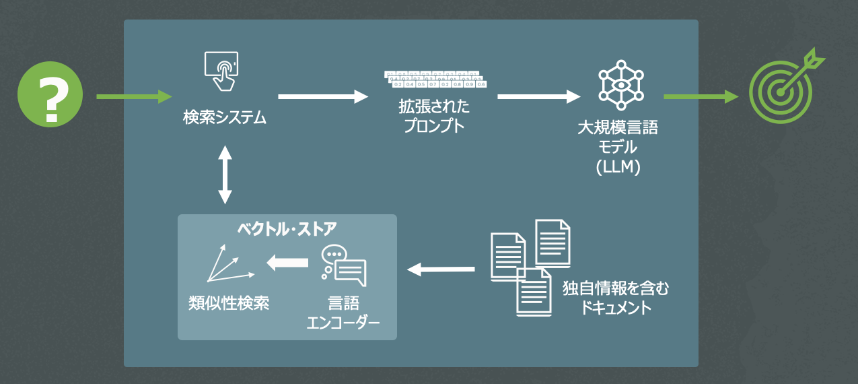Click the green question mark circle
(x=50, y=94)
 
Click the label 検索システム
(x=225, y=118)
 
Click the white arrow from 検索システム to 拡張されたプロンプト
(x=323, y=97)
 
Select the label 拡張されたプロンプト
(x=434, y=116)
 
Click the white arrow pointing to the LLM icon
(x=538, y=97)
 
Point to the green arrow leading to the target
(x=701, y=97)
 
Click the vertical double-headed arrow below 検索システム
(x=225, y=175)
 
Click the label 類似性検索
(x=229, y=303)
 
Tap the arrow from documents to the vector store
(x=441, y=269)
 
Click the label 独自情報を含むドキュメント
(x=616, y=298)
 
